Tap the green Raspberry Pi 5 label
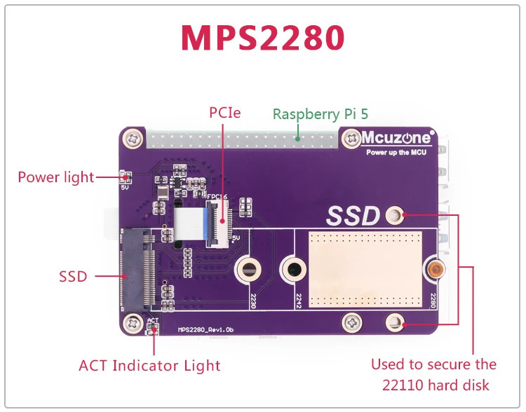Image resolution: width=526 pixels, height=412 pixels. point(321,114)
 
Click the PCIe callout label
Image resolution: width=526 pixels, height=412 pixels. point(224,112)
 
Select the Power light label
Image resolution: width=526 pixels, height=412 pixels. point(55,177)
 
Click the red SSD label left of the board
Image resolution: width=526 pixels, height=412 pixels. point(73,277)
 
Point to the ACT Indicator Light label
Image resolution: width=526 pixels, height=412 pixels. point(149,365)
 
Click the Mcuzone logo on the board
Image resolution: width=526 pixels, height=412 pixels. point(396,137)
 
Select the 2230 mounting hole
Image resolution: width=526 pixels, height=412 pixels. point(249,270)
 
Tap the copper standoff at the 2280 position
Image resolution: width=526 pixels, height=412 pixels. point(436,269)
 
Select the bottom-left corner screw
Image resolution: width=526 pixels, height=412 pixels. point(131,323)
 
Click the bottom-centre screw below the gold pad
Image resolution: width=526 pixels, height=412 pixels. point(352,323)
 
